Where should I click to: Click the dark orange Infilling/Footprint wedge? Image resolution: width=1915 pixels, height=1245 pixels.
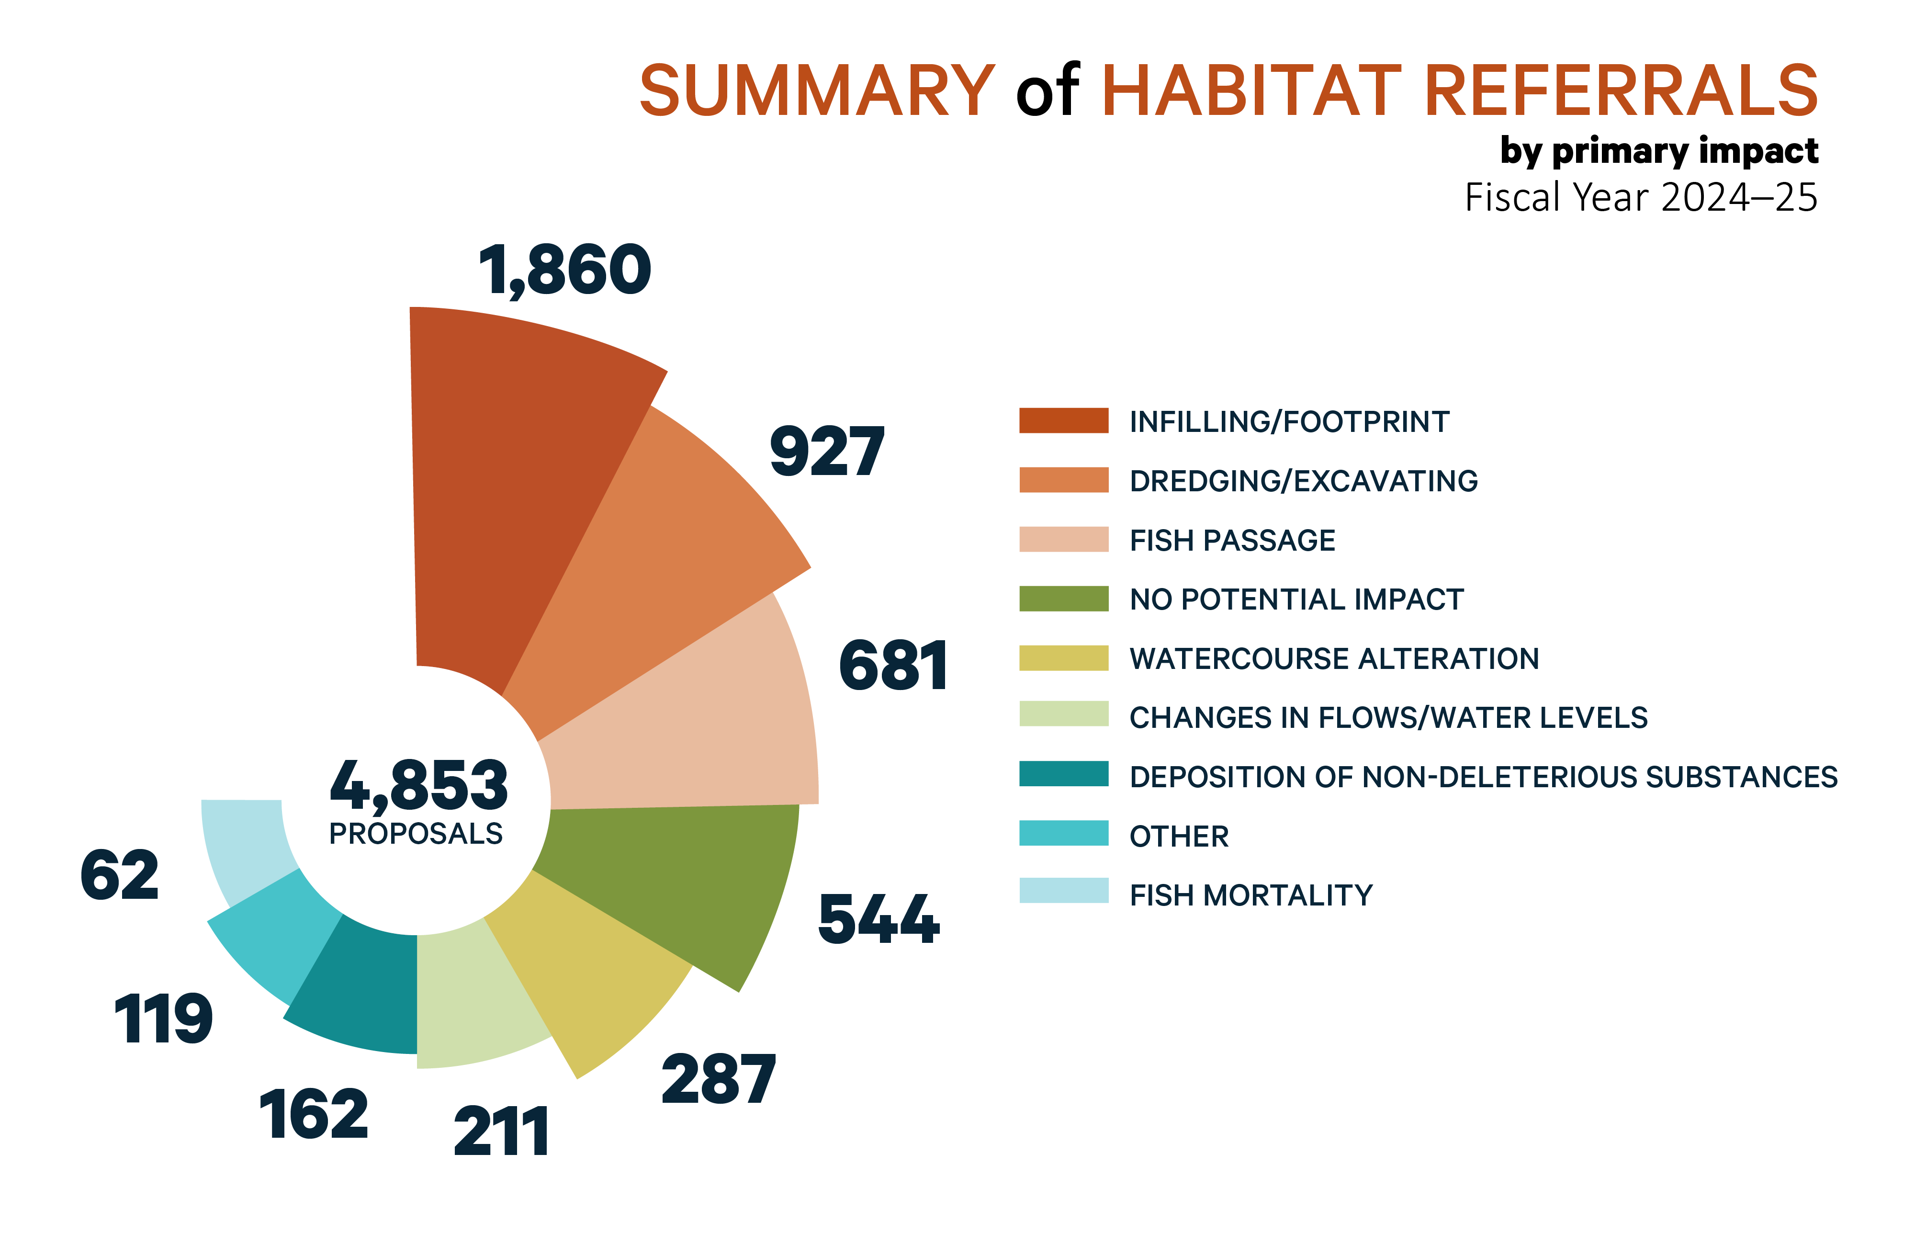(x=515, y=483)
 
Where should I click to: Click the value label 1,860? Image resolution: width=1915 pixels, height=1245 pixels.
(x=565, y=271)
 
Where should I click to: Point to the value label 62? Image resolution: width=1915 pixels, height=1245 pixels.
(x=120, y=876)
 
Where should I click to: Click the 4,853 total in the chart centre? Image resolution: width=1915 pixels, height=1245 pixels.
(x=418, y=785)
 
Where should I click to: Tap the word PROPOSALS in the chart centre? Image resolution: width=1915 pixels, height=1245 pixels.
(x=416, y=834)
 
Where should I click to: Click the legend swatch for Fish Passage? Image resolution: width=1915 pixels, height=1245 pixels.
(x=1063, y=539)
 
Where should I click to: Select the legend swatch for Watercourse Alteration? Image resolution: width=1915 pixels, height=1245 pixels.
(x=1063, y=657)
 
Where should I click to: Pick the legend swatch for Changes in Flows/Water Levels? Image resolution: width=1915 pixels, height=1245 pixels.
(x=1063, y=714)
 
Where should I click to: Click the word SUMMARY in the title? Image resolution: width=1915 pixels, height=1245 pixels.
(x=817, y=90)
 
